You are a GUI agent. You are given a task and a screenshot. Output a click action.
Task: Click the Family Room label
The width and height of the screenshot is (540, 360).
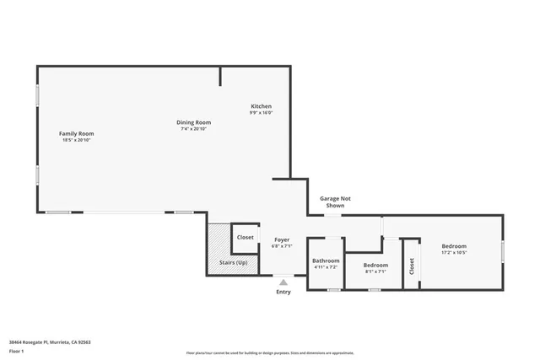[76, 133]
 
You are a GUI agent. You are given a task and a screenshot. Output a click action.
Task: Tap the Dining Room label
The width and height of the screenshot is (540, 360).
[193, 122]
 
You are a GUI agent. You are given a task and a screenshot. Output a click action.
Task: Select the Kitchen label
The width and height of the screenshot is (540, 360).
[261, 106]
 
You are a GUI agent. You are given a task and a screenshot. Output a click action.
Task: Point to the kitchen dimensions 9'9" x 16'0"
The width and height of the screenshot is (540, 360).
[261, 113]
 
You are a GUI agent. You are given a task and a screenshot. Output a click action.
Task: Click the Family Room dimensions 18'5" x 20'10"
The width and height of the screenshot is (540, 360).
[76, 140]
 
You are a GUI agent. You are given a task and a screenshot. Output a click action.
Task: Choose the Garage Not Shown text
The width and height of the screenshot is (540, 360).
[335, 201]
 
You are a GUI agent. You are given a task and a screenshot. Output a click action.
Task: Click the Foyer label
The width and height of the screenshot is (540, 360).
[282, 239]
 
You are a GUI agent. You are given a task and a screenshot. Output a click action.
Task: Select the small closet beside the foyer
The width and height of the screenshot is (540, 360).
[245, 238]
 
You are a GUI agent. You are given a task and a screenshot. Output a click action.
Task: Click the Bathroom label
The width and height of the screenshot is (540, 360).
[326, 261]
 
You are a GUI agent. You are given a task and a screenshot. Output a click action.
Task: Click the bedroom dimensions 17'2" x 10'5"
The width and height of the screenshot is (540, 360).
[454, 252]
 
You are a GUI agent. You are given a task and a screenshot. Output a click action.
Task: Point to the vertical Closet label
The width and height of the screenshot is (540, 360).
[412, 266]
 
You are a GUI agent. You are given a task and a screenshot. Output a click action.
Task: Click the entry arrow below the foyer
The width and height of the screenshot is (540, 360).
[283, 282]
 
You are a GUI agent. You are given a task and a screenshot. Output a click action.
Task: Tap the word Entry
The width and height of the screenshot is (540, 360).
[283, 292]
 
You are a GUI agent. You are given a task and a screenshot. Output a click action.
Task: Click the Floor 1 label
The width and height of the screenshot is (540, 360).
[17, 351]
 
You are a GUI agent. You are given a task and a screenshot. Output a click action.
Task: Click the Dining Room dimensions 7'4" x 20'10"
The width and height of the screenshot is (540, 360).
[193, 129]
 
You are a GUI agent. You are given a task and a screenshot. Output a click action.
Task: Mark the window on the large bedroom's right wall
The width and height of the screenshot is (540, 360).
[503, 250]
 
